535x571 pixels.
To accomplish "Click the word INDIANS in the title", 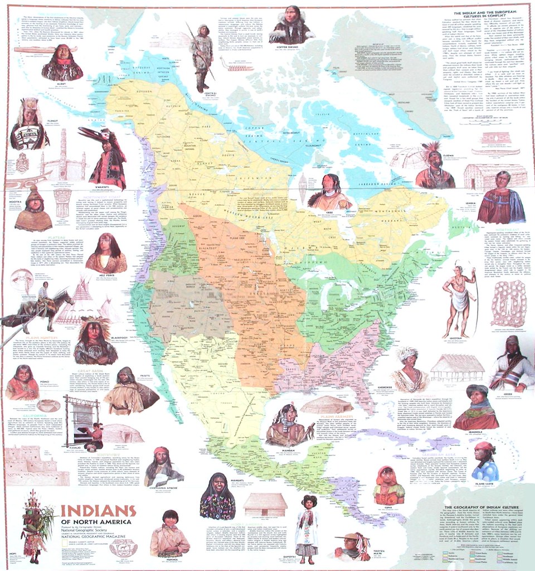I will coord(98,511).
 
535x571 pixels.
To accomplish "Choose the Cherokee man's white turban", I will coord(407,353).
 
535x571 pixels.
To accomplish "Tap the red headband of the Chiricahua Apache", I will coord(161,451).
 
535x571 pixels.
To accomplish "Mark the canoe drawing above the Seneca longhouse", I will coord(495,151).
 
